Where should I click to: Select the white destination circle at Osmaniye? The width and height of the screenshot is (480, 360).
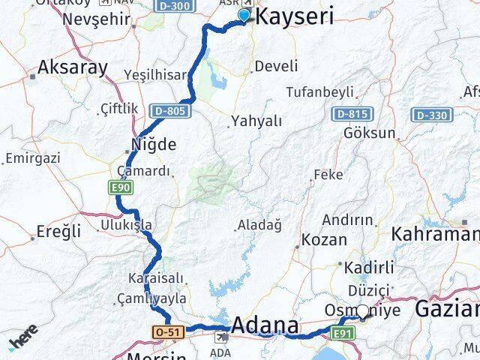[x=363, y=310]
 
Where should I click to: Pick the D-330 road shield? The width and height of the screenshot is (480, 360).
[x=430, y=115]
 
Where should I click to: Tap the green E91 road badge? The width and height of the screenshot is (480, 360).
[x=341, y=333]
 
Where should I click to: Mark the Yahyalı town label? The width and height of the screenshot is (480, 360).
[x=256, y=120]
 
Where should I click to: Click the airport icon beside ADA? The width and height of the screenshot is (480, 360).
[x=222, y=337]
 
